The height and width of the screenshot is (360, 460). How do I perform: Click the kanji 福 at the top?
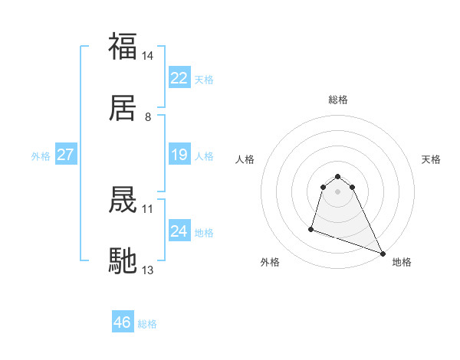pos(123,47)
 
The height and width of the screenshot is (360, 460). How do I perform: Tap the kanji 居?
pos(123,109)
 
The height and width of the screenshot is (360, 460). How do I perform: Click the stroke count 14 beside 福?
pos(148,56)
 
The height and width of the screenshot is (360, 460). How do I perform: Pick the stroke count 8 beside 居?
pos(148,117)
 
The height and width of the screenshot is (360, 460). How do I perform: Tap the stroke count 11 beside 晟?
pos(148,208)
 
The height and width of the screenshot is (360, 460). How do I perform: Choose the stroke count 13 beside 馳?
pos(148,270)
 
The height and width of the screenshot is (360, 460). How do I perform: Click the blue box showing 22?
pos(179,78)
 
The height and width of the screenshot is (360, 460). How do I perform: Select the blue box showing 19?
pos(179,155)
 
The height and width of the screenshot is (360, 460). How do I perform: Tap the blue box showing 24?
pos(179,231)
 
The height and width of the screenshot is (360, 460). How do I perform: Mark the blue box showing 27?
pos(66,155)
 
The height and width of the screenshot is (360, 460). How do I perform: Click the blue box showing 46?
pos(123,322)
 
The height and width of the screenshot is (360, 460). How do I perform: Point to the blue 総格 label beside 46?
pos(147,324)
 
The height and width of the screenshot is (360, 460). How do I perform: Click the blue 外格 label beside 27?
pos(41,155)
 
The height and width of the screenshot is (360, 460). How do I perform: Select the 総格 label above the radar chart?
pos(338,100)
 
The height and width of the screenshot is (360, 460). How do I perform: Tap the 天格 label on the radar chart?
pos(432,159)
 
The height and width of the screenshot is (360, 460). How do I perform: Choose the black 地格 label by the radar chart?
pos(402,262)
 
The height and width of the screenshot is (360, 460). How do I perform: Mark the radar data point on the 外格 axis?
pos(311,228)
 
